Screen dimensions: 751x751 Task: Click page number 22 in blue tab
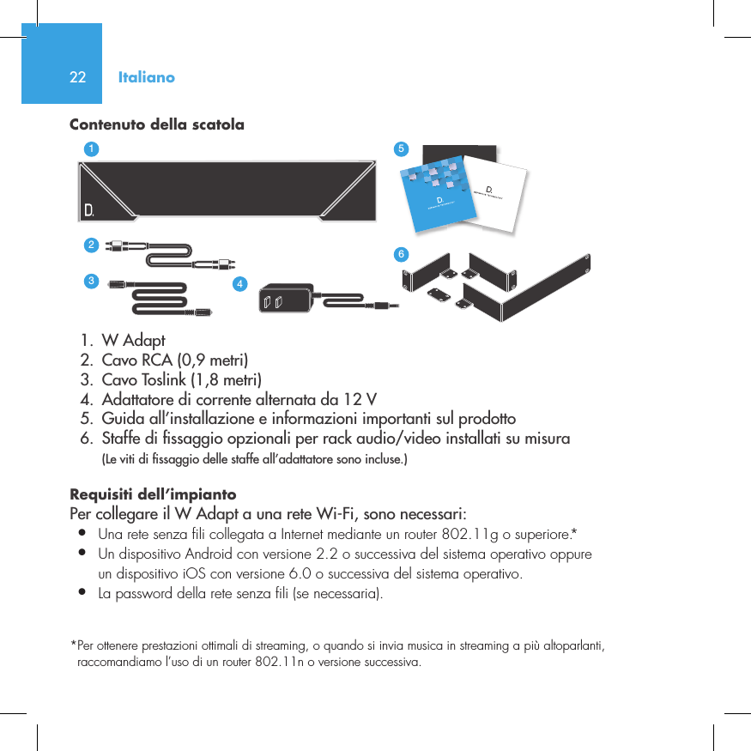[77, 77]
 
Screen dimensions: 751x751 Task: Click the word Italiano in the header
[147, 77]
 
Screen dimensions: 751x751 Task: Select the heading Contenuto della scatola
[156, 125]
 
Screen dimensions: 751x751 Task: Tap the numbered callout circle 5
[399, 148]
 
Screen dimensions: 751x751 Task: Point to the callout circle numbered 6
[400, 255]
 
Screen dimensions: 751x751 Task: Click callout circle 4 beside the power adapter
[240, 283]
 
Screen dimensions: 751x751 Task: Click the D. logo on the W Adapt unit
[88, 209]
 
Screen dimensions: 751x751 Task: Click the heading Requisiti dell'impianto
[153, 495]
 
